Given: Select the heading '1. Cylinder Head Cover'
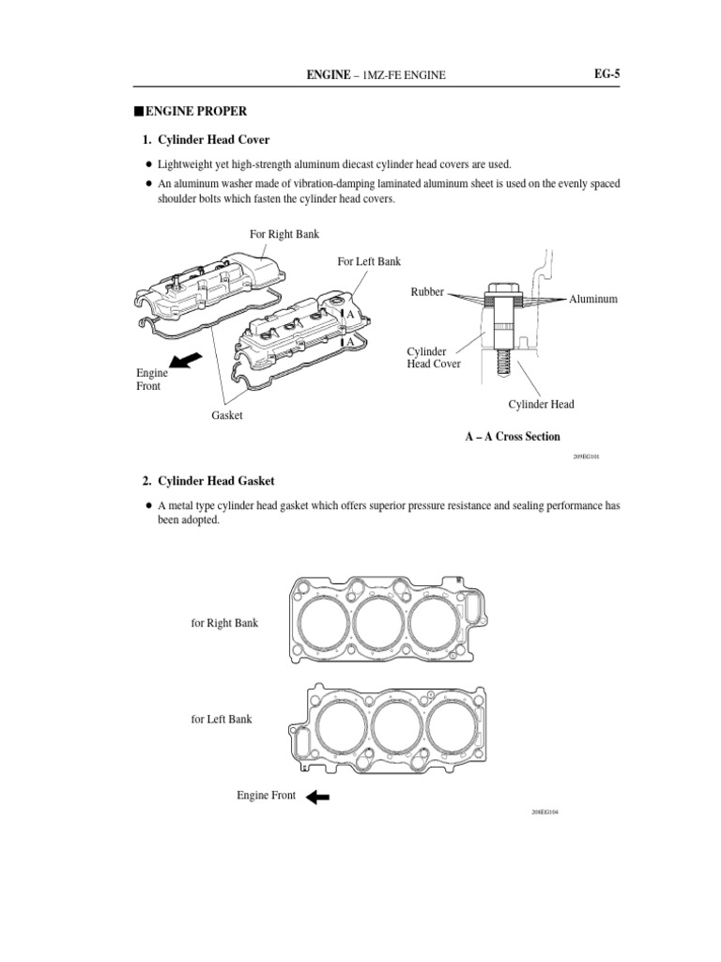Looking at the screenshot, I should [206, 140].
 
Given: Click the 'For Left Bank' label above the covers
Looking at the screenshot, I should [369, 261].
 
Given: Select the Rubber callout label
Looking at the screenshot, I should [427, 292].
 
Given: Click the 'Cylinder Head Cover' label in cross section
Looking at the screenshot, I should [434, 358].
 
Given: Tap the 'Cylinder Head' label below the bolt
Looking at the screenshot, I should [542, 405].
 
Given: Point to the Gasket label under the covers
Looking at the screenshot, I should [227, 415].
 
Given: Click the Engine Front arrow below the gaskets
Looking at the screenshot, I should [317, 797].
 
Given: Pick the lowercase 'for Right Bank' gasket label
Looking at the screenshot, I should [224, 623].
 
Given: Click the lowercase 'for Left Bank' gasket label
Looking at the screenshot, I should [222, 720].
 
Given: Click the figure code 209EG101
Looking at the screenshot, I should [586, 457].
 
